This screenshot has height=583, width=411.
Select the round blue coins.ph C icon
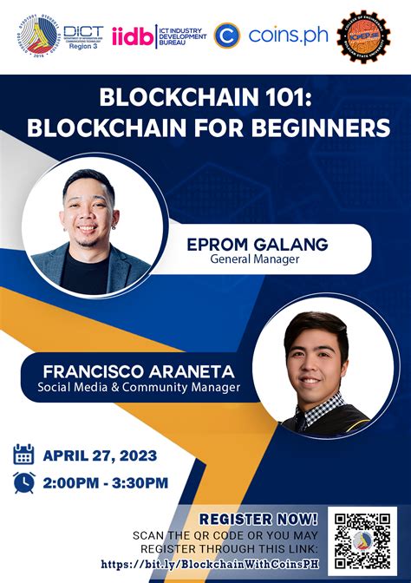(x=226, y=36)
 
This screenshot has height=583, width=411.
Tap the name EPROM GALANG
(x=258, y=245)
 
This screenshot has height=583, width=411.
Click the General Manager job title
(x=258, y=259)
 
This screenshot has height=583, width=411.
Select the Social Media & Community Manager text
(x=138, y=387)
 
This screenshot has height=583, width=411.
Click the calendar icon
(x=24, y=455)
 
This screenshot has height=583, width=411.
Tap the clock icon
(x=24, y=483)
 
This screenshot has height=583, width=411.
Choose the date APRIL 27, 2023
(x=107, y=455)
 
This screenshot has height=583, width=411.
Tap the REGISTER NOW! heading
(x=259, y=519)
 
